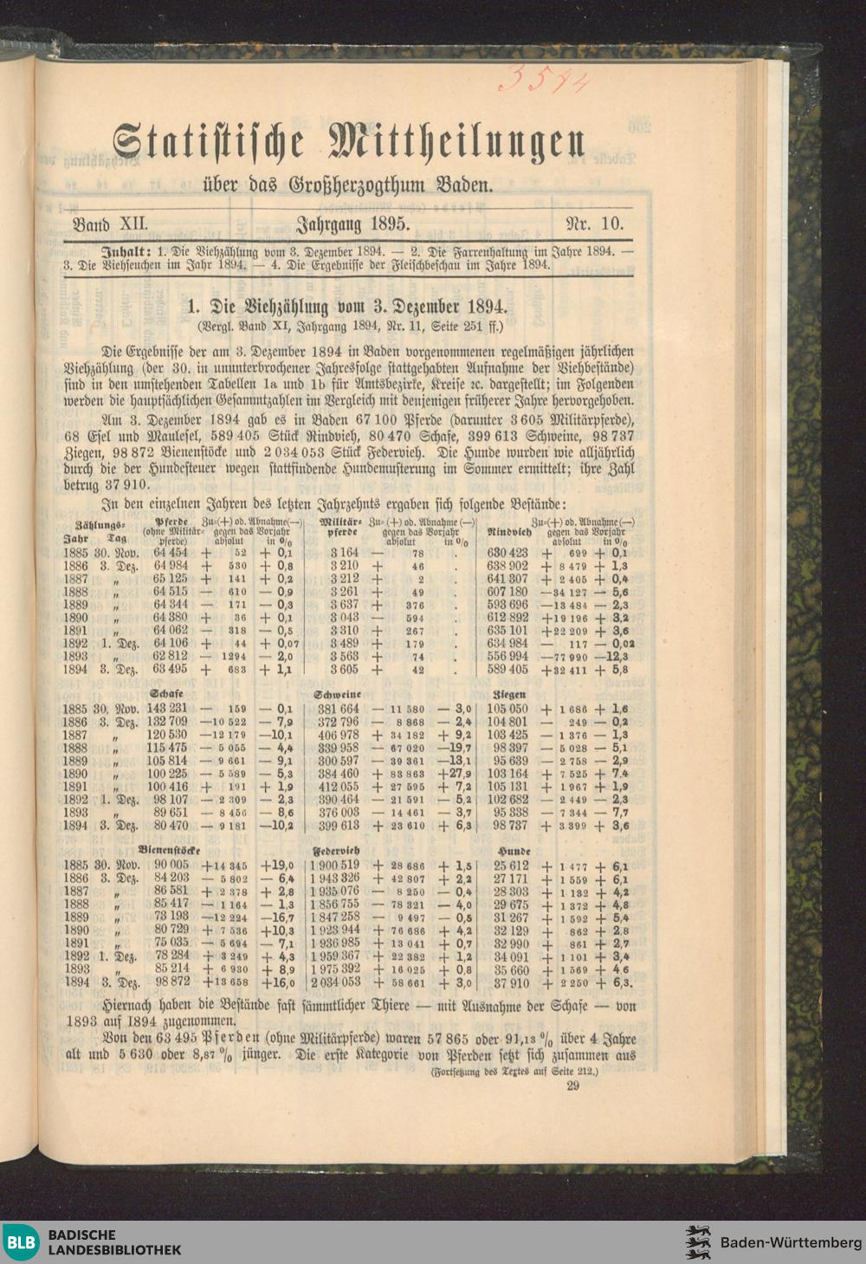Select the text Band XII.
point(111,224)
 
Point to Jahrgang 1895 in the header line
point(352,224)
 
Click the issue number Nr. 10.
point(594,224)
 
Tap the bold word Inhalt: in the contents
point(131,250)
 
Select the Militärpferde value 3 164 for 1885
point(344,552)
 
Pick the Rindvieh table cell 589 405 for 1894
point(507,669)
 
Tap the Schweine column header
point(337,694)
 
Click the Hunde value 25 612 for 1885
point(511,865)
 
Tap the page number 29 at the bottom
point(572,1085)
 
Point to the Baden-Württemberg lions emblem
point(698,1242)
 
